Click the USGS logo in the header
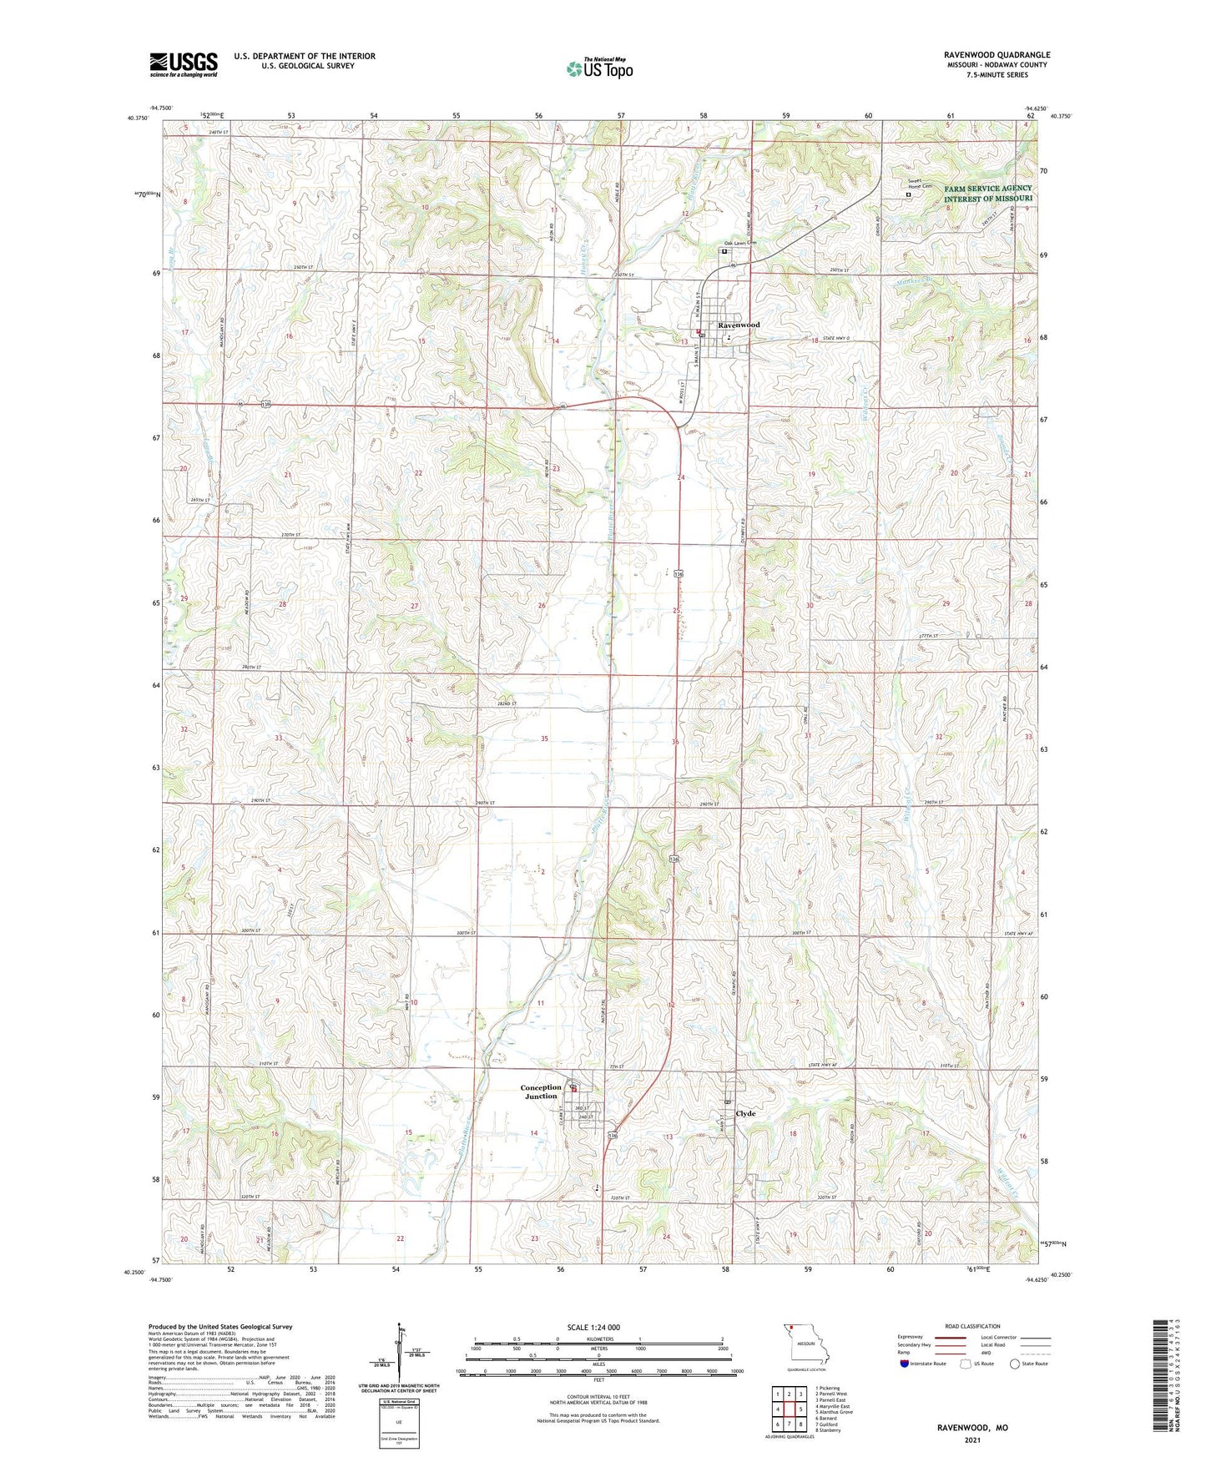(184, 64)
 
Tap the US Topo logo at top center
(599, 68)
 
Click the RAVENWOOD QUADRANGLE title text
(997, 55)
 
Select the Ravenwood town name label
(739, 325)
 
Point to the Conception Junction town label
(541, 1091)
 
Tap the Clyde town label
(745, 1113)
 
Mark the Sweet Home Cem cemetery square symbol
(909, 195)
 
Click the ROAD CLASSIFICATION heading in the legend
(972, 1326)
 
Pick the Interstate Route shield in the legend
(906, 1364)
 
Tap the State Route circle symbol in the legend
(1015, 1364)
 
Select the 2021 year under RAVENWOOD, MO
(971, 1440)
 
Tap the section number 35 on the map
(545, 739)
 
